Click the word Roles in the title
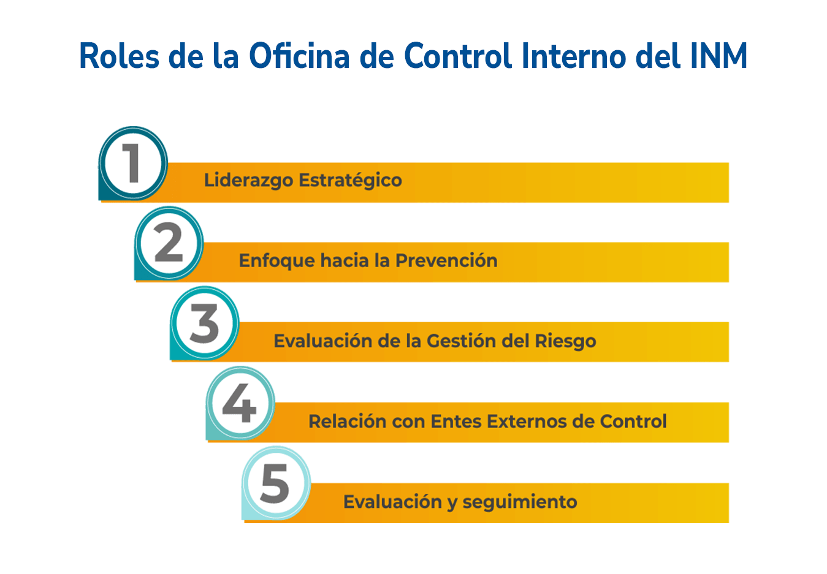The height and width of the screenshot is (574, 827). pos(120,56)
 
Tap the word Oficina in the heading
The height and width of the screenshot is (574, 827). pos(299,55)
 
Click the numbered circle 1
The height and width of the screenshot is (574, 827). pos(133,164)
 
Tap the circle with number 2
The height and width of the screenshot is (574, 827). pos(169,243)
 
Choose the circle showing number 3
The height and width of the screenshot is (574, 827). pos(205,323)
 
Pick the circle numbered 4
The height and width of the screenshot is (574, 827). pos(240,403)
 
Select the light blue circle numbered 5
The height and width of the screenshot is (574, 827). pos(276,483)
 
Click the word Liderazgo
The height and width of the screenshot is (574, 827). pos(248,180)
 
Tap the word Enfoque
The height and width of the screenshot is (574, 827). pos(277,261)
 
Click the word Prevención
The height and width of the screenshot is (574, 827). pos(446,260)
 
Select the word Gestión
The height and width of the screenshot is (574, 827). pos(462,341)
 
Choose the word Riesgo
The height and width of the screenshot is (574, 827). pos(565,341)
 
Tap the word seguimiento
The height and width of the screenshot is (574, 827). pos(519,502)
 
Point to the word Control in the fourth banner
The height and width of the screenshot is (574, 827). pos(633,421)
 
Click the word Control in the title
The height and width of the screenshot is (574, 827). pos(458,55)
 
